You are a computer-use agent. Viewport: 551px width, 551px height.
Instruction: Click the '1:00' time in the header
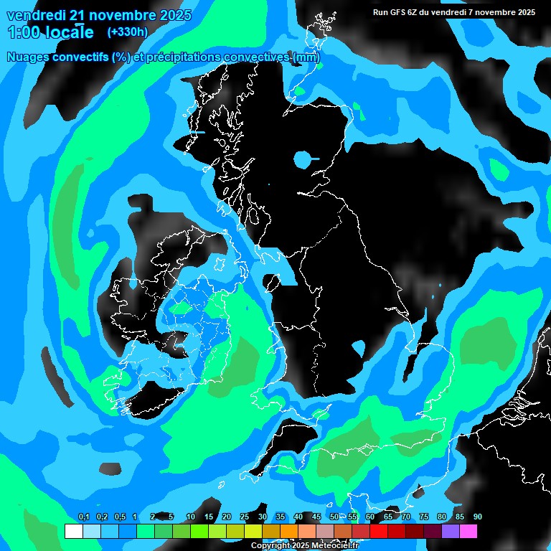pyautogui.click(x=22, y=32)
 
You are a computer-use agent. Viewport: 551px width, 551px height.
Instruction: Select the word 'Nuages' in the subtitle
pyautogui.click(x=28, y=57)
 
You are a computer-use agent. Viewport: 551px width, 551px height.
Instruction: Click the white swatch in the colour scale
pyautogui.click(x=73, y=531)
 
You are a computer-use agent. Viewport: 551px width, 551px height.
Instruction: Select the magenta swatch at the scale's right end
pyautogui.click(x=468, y=531)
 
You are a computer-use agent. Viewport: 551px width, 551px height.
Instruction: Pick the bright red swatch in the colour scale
pyautogui.click(x=378, y=531)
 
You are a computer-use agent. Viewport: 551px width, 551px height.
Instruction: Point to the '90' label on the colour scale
pyautogui.click(x=477, y=517)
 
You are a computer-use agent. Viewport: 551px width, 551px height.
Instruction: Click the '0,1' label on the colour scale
pyautogui.click(x=83, y=517)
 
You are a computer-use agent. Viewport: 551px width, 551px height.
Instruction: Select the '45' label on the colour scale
pyautogui.click(x=316, y=517)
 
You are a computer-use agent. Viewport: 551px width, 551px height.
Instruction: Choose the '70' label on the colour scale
pyautogui.click(x=406, y=517)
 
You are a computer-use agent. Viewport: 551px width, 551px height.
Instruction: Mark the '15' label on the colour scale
pyautogui.click(x=208, y=517)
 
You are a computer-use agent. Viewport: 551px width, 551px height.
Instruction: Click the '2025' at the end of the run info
pyautogui.click(x=526, y=12)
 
